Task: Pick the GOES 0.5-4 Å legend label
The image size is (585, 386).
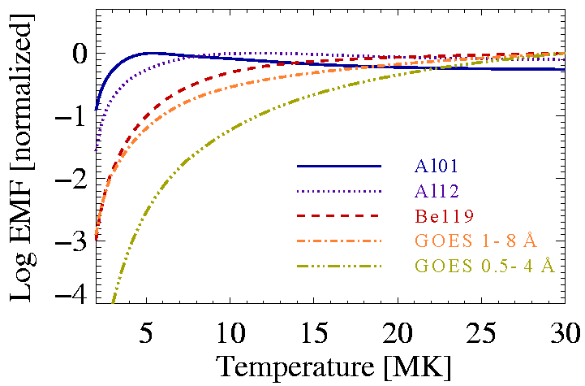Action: (485, 267)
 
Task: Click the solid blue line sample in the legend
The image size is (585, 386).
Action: (338, 166)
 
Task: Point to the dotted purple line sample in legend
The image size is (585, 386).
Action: (338, 191)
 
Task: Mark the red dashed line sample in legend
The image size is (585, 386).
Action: (338, 216)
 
